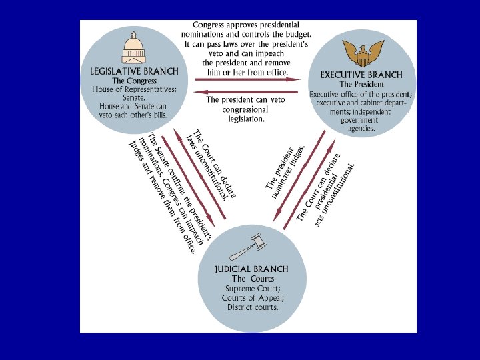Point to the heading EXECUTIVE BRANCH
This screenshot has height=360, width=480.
361,75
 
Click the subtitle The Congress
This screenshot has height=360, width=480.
134,81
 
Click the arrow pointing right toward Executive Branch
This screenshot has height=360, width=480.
247,79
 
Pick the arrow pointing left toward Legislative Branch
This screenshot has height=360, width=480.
247,92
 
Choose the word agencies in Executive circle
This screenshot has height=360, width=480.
360,129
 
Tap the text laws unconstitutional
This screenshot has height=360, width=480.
207,167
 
